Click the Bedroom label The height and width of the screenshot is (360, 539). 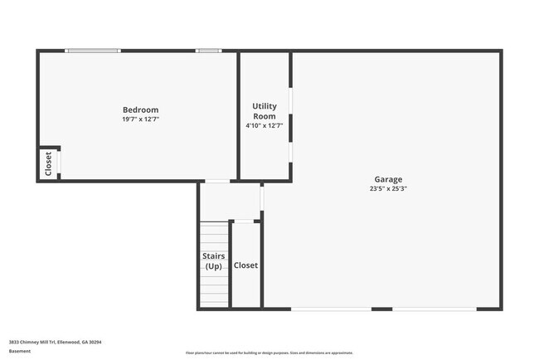coord(140,110)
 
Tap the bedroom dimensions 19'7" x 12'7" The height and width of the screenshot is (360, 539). coord(140,119)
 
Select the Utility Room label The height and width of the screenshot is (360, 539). coord(265,111)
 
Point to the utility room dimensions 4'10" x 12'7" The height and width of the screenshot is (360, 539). coord(265,126)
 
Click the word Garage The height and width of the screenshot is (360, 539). coord(388,179)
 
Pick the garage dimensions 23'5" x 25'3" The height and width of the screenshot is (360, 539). coord(388,188)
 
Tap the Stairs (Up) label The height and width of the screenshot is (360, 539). coord(214,261)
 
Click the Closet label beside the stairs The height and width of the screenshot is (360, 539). coord(245,265)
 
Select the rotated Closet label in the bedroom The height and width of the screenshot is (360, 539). coord(48,163)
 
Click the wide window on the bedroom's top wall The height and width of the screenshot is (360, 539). coord(93,51)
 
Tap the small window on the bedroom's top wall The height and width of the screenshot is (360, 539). coord(209,51)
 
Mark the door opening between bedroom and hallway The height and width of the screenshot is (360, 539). coord(217,181)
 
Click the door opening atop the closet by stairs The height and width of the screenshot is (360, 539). coord(244,221)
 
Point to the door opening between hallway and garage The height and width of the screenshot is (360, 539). coord(262,198)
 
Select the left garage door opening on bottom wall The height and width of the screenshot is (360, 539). coord(331,309)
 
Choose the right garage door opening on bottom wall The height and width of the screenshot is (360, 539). coord(434,309)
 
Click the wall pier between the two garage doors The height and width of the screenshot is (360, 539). coord(381,309)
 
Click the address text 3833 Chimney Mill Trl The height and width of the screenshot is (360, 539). coord(49,342)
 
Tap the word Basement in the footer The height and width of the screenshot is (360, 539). coord(19,351)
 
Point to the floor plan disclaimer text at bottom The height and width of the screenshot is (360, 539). coord(269,353)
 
